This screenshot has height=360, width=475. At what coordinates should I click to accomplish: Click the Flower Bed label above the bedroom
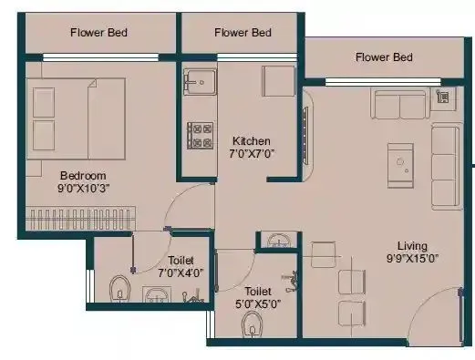99,34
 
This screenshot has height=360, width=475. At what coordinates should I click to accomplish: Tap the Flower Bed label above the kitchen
243,33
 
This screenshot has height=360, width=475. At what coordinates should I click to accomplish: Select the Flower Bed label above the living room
384,57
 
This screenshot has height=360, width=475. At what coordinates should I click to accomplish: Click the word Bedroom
84,176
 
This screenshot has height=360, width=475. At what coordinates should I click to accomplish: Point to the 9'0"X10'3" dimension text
84,190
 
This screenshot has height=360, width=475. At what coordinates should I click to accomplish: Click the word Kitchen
251,141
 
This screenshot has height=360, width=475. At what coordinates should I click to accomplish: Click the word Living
413,245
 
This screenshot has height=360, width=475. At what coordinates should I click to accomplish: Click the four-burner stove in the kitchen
199,135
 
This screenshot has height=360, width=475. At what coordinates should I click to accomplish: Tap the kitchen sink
195,82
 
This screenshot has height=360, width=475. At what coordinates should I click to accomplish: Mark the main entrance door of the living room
447,310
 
